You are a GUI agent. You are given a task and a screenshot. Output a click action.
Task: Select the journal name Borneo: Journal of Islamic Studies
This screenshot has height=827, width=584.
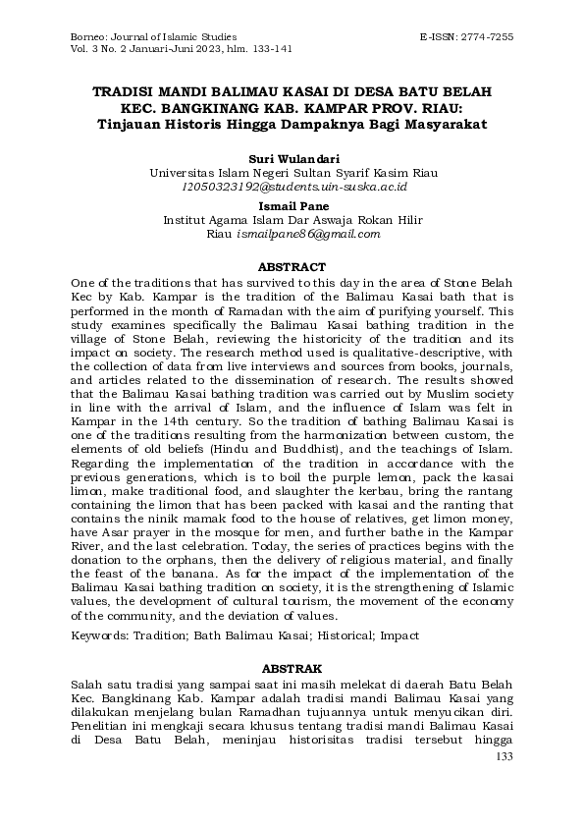147,35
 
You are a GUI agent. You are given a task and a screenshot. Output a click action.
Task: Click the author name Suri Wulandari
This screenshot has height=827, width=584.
292,157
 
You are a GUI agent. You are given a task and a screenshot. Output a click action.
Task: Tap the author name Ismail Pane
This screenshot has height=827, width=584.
292,206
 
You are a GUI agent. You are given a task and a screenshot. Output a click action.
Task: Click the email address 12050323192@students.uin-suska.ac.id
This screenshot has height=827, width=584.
292,186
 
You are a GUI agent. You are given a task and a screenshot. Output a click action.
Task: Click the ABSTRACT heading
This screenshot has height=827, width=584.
292,266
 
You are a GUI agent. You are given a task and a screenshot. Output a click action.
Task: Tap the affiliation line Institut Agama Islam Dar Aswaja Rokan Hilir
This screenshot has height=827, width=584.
292,221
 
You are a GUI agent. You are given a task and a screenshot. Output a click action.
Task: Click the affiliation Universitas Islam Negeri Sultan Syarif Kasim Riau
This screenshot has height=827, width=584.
292,172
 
